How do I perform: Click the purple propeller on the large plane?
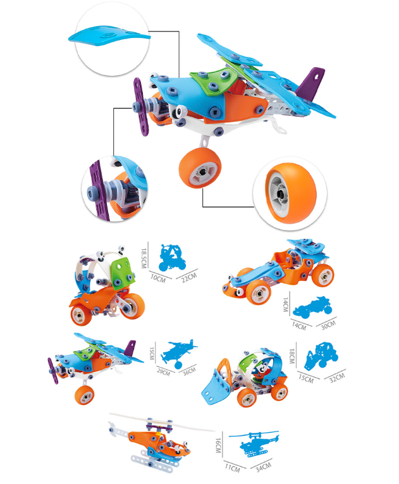[x=140, y=106]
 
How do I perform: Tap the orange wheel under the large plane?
[x=200, y=168]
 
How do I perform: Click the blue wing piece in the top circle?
[x=109, y=37]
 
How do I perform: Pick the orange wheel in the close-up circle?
[x=291, y=193]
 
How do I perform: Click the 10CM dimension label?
[x=158, y=278]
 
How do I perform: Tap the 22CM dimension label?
[x=189, y=276]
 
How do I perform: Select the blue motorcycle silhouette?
[x=172, y=258]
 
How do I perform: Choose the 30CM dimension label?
[x=328, y=325]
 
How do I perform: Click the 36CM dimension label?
[x=189, y=370]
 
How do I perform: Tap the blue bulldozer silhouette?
[x=321, y=356]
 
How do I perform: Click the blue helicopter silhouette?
[x=254, y=444]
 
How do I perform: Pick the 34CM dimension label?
[x=263, y=467]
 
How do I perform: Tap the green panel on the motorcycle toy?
[x=123, y=273]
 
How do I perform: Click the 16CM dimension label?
[x=218, y=445]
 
